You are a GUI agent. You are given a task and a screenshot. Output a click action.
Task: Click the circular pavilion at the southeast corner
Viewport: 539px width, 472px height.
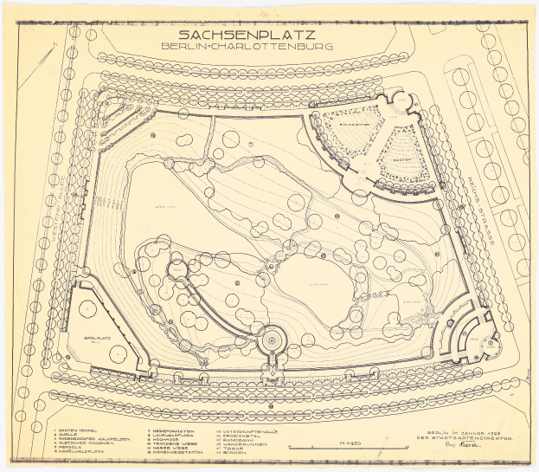478,331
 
